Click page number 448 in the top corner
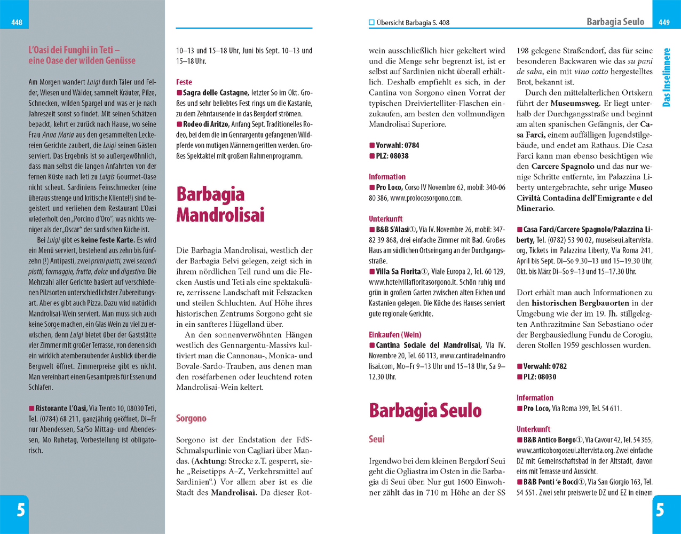click(17, 22)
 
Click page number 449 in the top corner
click(664, 22)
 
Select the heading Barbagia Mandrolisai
click(220, 205)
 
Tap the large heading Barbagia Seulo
click(425, 410)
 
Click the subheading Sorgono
click(191, 418)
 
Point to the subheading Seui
click(376, 439)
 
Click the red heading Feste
click(184, 82)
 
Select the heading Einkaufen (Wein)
click(395, 334)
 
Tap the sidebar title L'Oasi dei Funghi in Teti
click(82, 55)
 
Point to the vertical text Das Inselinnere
click(666, 77)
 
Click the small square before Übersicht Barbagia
click(371, 23)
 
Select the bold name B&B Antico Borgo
click(549, 439)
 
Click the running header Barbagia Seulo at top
click(615, 22)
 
